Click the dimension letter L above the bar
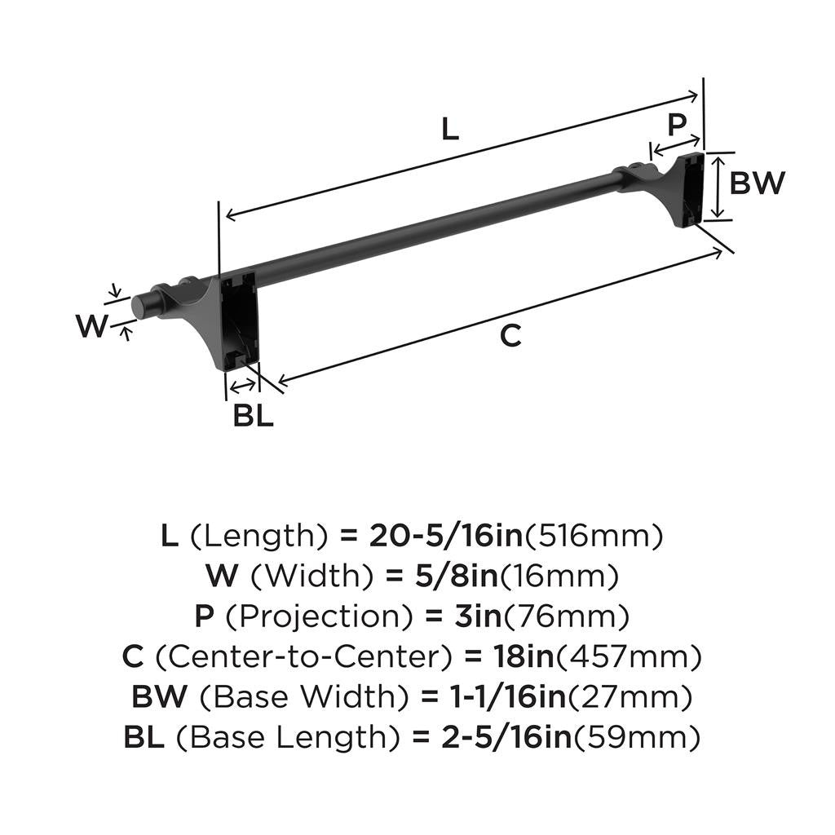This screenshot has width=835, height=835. point(450,129)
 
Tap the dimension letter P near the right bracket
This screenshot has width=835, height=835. point(677,125)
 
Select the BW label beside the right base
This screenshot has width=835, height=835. point(757,183)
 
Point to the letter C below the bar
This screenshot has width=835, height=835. point(510,335)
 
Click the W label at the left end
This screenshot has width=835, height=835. point(92,327)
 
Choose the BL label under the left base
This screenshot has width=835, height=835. point(253,416)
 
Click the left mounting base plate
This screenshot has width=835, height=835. point(239,320)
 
